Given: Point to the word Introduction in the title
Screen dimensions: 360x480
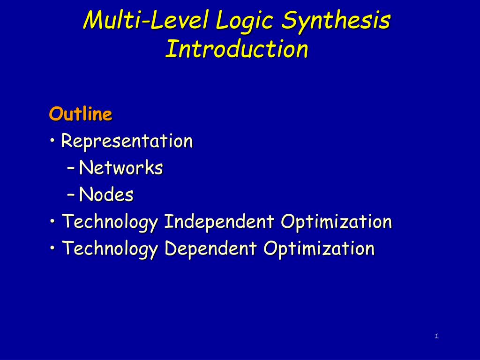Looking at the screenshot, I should (x=237, y=49).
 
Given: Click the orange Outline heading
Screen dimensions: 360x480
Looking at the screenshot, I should (x=81, y=114).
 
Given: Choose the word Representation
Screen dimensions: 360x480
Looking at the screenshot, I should (x=127, y=141).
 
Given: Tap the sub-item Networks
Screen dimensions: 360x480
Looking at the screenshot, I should (x=121, y=167).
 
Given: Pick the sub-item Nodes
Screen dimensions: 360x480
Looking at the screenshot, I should (x=106, y=195).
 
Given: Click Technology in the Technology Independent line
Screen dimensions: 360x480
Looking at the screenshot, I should (x=110, y=222).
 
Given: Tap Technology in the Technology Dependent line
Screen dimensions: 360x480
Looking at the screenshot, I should (x=110, y=248).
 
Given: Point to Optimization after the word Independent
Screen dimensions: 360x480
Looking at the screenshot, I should (x=336, y=222).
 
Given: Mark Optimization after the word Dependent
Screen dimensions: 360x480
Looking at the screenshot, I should (x=319, y=248).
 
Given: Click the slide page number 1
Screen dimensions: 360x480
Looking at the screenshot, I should (x=436, y=336).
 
